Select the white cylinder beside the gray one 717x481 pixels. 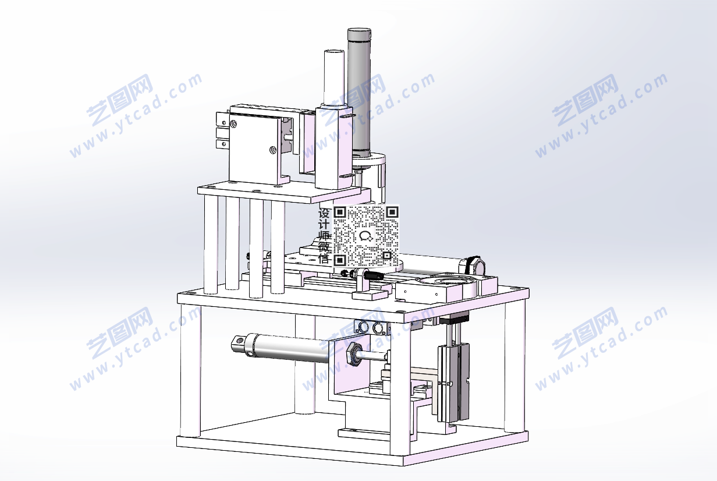tap(334, 78)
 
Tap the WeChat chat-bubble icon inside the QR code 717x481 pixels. tap(366, 236)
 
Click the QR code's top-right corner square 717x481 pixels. tap(392, 212)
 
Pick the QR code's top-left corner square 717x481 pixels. tap(340, 212)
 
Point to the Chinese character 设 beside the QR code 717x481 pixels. tap(324, 213)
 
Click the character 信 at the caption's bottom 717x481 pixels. tap(324, 258)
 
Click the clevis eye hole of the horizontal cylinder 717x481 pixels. tap(237, 341)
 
